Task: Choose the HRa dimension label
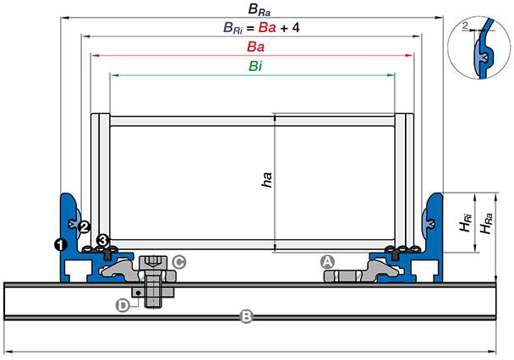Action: [x=484, y=226]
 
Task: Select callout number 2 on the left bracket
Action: [x=84, y=226]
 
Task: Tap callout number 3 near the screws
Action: [x=103, y=241]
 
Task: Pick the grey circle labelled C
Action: [x=179, y=262]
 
